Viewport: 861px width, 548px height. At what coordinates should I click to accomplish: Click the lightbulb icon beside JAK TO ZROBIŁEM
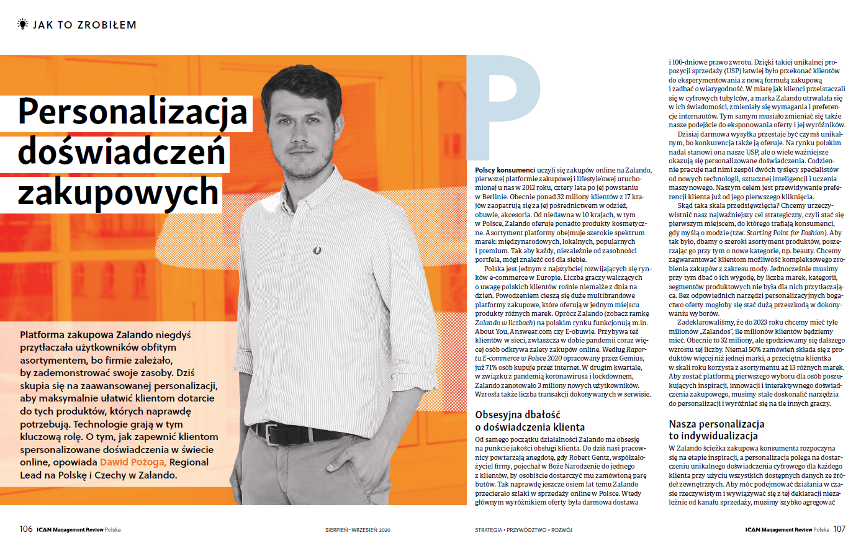(23, 24)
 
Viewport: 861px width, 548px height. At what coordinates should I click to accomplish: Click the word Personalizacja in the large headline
(133, 112)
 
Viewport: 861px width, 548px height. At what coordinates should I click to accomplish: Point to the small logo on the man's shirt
(317, 251)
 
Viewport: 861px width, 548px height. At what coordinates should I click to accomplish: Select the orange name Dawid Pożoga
(133, 462)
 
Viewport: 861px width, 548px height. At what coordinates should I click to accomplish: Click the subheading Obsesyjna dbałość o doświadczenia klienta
(530, 421)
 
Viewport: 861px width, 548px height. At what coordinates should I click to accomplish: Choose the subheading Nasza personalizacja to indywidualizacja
(716, 430)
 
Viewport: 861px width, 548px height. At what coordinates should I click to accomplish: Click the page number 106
(26, 529)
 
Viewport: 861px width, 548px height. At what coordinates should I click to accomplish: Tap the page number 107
(839, 529)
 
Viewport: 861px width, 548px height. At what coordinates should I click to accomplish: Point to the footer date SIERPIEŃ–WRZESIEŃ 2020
(358, 530)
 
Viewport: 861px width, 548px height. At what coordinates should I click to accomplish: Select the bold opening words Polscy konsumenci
(505, 170)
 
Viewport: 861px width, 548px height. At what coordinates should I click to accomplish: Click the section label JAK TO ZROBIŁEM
(84, 25)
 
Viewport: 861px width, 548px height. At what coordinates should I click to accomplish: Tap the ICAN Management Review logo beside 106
(78, 530)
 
